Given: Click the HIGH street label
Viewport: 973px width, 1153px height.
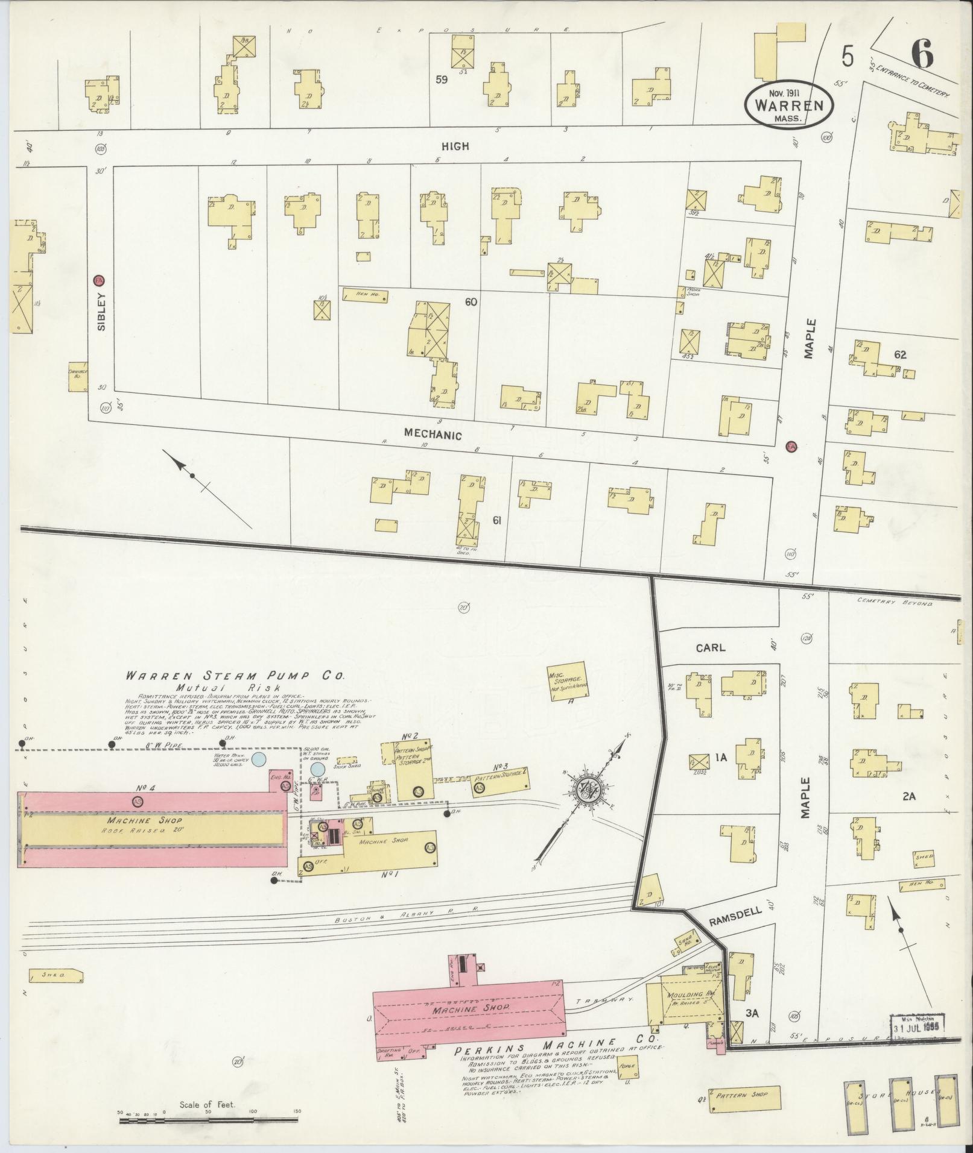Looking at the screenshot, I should [455, 146].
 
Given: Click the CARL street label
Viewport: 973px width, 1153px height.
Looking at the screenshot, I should [710, 648].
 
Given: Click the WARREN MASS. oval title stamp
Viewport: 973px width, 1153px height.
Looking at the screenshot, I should [790, 105].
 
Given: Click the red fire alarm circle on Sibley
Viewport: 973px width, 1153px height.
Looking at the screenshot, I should [100, 280].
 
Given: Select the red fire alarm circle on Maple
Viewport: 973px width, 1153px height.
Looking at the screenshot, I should [791, 447].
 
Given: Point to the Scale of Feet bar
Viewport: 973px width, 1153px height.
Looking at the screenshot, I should [208, 1120].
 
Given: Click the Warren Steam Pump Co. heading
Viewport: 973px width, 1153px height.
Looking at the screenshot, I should [235, 676].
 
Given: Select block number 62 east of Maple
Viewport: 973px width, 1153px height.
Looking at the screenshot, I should [901, 355].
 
